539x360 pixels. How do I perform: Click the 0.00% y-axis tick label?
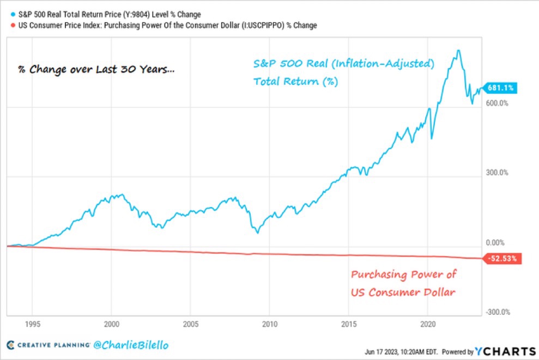pos(495,242)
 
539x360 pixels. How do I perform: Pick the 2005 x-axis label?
pos(190,322)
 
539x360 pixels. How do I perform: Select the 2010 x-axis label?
pos(269,322)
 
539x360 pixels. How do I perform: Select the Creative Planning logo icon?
pos(11,345)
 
